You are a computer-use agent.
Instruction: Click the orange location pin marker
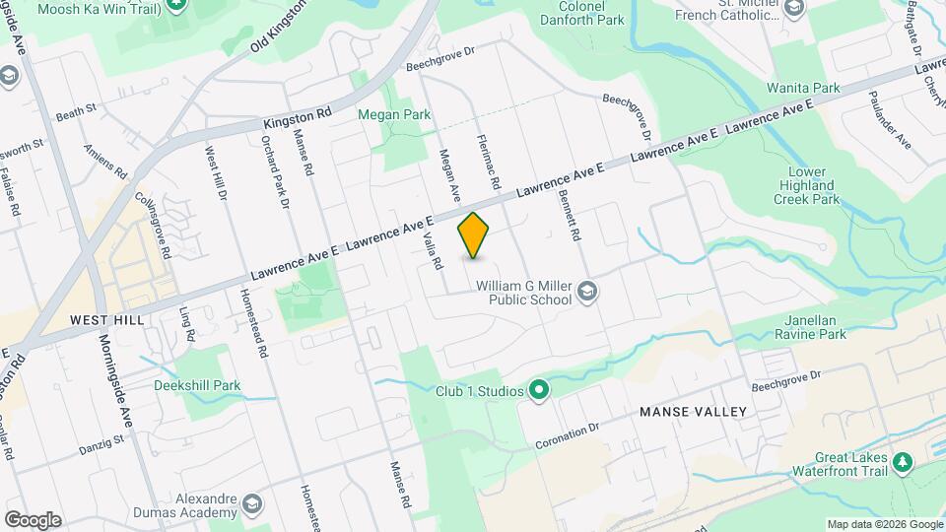click(474, 235)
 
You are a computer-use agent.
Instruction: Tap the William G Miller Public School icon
click(587, 291)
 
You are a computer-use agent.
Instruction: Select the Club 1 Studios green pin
click(539, 391)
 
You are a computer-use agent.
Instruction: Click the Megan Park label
click(394, 115)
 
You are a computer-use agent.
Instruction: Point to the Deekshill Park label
click(197, 385)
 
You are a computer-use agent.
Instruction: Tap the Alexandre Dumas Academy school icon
click(251, 505)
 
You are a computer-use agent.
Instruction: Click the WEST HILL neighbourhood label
click(107, 320)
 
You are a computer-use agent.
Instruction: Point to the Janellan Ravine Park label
click(815, 327)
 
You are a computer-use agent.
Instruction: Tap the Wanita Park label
click(803, 88)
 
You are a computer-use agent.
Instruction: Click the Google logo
click(32, 520)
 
